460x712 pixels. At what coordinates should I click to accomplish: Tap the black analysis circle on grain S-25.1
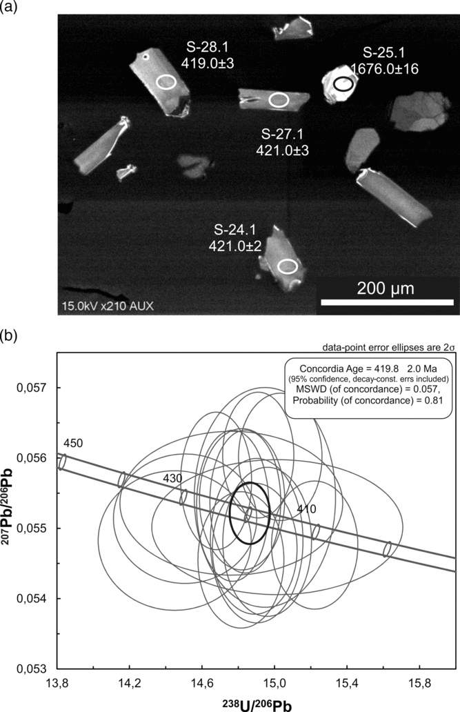[x=343, y=83]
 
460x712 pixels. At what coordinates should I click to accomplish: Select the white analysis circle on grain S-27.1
[x=279, y=100]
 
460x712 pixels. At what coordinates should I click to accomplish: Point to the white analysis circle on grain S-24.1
[x=288, y=266]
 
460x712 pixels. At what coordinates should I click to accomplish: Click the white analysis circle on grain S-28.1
[x=166, y=82]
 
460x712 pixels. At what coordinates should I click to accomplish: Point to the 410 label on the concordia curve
[x=306, y=508]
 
